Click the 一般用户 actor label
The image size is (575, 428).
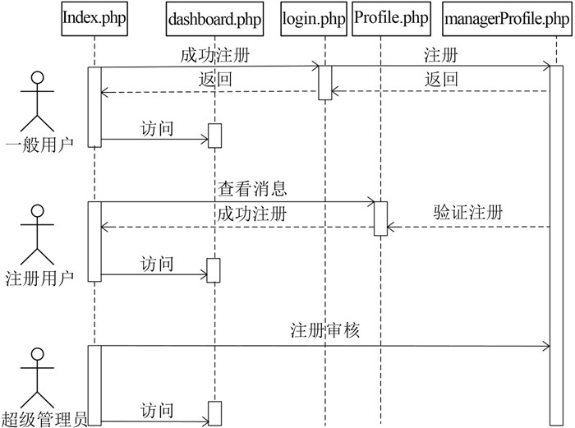[38, 146]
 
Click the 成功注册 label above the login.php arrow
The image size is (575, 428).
[214, 57]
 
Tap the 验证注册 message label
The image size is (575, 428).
[467, 211]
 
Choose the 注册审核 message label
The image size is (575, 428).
[325, 331]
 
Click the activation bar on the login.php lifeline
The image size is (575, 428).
[325, 83]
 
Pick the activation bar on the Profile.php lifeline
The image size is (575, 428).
[381, 217]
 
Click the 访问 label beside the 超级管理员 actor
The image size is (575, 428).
[157, 409]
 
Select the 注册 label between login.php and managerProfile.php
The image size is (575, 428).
[440, 57]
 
